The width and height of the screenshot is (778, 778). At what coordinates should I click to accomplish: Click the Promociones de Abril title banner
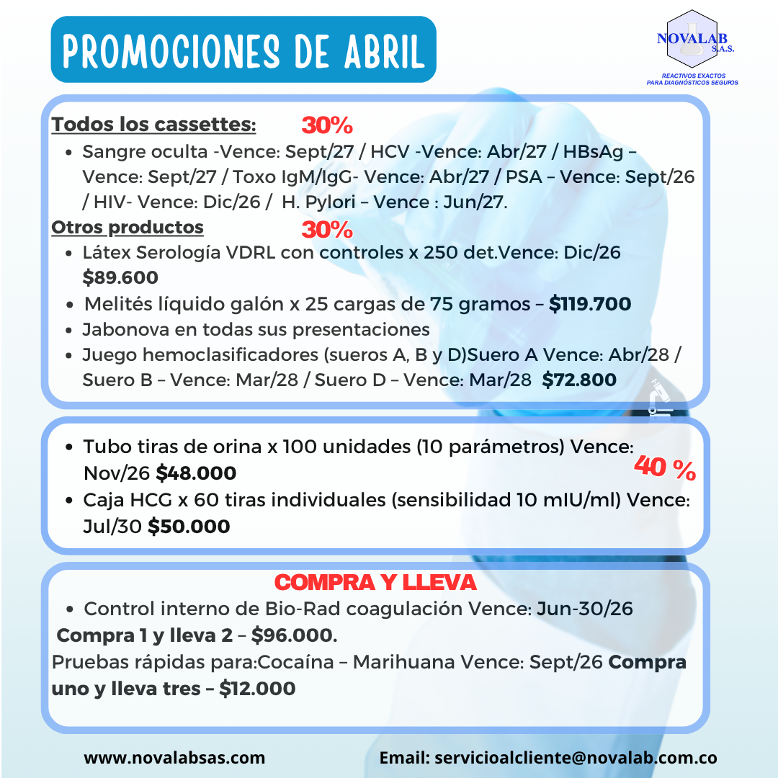coord(243,50)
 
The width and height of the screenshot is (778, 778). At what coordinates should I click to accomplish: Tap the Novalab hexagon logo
coord(692,40)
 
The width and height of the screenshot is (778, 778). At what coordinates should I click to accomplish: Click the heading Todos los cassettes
coord(153,125)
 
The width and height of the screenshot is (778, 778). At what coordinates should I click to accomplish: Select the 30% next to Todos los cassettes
coord(327,125)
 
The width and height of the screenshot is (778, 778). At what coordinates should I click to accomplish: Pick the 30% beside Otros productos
coord(327,230)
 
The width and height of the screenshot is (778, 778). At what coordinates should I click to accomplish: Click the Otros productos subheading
coord(128,228)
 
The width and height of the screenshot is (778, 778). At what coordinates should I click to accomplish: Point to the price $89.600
coord(120,277)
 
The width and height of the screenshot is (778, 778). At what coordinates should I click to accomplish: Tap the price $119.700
coord(590,304)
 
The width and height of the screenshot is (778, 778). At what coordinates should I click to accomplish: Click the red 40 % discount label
coord(664,470)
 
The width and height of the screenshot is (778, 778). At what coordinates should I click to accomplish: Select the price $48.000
coord(196,473)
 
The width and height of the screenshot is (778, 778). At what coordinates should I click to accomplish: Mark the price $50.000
coord(189,527)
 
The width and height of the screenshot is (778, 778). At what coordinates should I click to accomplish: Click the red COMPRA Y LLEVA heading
coord(375,581)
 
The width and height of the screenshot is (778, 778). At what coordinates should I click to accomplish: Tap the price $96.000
coord(294,636)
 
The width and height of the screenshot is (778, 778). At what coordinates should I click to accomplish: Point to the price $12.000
coord(257,689)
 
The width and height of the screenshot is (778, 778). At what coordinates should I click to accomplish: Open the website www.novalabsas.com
coord(174,758)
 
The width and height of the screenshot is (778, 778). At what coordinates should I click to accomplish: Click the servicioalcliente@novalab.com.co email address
coord(573,758)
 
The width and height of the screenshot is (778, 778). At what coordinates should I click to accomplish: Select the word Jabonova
coord(120,330)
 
